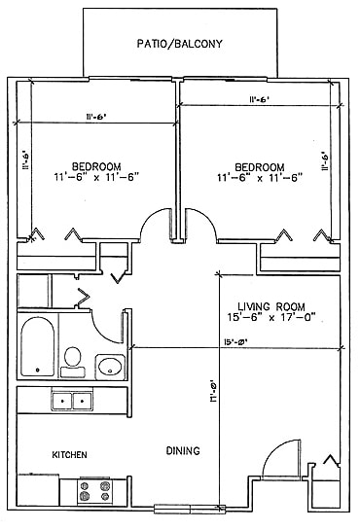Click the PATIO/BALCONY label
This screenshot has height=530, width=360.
tap(180, 44)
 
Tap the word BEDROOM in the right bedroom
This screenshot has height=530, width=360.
tap(260, 165)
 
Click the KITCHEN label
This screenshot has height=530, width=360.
tap(71, 455)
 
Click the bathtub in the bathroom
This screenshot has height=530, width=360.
tap(37, 346)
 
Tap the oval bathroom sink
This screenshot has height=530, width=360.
tap(111, 367)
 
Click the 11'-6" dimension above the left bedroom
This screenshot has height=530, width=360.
tap(96, 117)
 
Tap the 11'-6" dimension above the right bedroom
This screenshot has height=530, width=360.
tap(260, 99)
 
